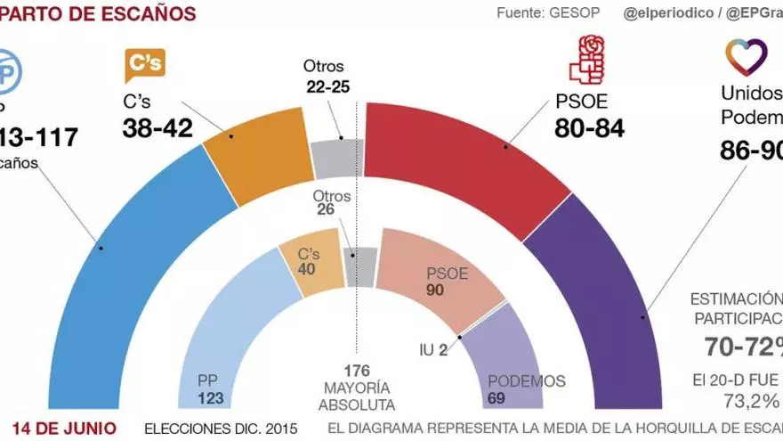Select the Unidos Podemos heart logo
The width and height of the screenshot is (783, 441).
coord(746,57)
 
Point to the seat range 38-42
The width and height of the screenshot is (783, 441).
coord(157,128)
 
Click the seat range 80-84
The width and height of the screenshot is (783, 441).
coord(588,128)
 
